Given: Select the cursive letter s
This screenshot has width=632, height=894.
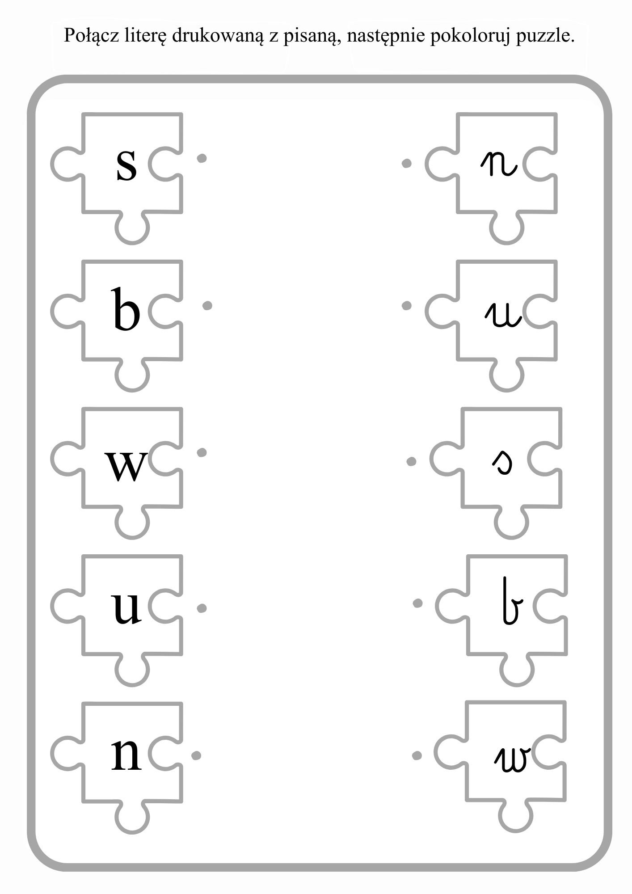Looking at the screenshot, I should [x=502, y=462].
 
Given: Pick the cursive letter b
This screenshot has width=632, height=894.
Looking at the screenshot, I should [x=510, y=602].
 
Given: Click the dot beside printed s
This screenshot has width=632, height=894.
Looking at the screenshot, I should [x=202, y=158].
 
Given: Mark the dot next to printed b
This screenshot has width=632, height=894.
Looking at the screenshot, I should [x=207, y=306].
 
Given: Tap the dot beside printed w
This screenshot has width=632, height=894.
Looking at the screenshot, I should [x=202, y=453].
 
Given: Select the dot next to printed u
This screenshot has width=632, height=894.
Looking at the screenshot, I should [x=202, y=608].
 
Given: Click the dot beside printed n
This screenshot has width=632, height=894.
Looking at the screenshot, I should [x=196, y=755].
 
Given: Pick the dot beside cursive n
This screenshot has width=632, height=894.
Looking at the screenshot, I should [x=406, y=164].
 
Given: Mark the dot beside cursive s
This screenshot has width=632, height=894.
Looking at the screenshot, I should [x=411, y=461].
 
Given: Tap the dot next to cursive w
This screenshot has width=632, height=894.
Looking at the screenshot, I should [x=417, y=755].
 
